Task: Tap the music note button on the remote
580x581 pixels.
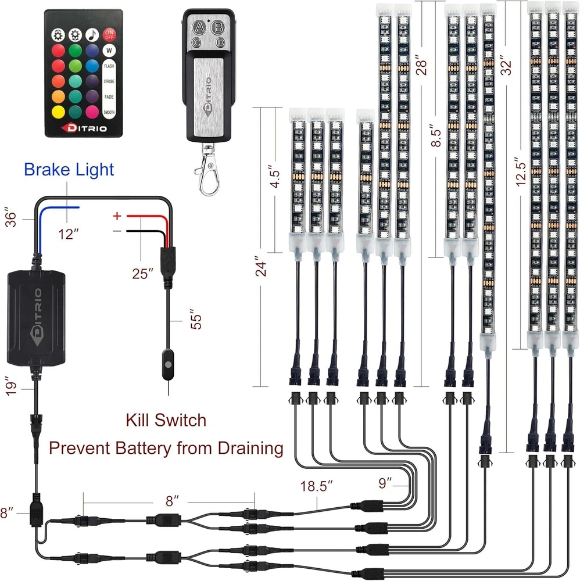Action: [91, 34]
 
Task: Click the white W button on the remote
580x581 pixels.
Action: [109, 51]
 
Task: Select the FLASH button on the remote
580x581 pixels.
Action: [109, 66]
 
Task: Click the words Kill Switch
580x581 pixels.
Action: [166, 419]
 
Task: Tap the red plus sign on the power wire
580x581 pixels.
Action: [117, 216]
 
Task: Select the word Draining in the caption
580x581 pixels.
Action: [250, 448]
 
